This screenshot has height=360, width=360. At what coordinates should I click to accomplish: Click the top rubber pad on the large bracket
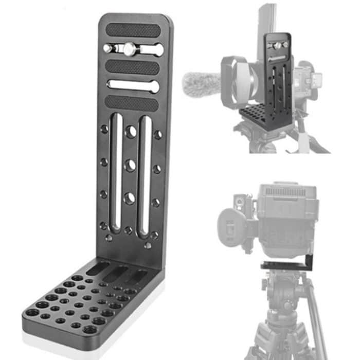point(133,30)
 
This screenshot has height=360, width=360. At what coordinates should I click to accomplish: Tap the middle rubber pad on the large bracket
point(133,67)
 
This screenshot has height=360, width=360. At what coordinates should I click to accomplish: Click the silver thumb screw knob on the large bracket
point(128,49)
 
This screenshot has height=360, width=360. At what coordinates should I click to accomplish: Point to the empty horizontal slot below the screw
point(133,85)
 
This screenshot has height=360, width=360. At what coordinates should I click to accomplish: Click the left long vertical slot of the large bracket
point(116,172)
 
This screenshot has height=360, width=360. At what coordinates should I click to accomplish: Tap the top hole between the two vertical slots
point(131,132)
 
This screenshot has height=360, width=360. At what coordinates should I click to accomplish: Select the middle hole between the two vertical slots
point(130,165)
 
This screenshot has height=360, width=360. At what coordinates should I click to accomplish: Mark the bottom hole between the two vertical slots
point(130,198)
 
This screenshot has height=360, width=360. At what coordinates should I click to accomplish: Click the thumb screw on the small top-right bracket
point(278,46)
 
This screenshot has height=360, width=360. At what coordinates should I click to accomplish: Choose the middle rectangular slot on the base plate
point(117,272)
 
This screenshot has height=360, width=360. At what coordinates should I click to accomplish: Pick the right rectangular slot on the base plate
point(137,277)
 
